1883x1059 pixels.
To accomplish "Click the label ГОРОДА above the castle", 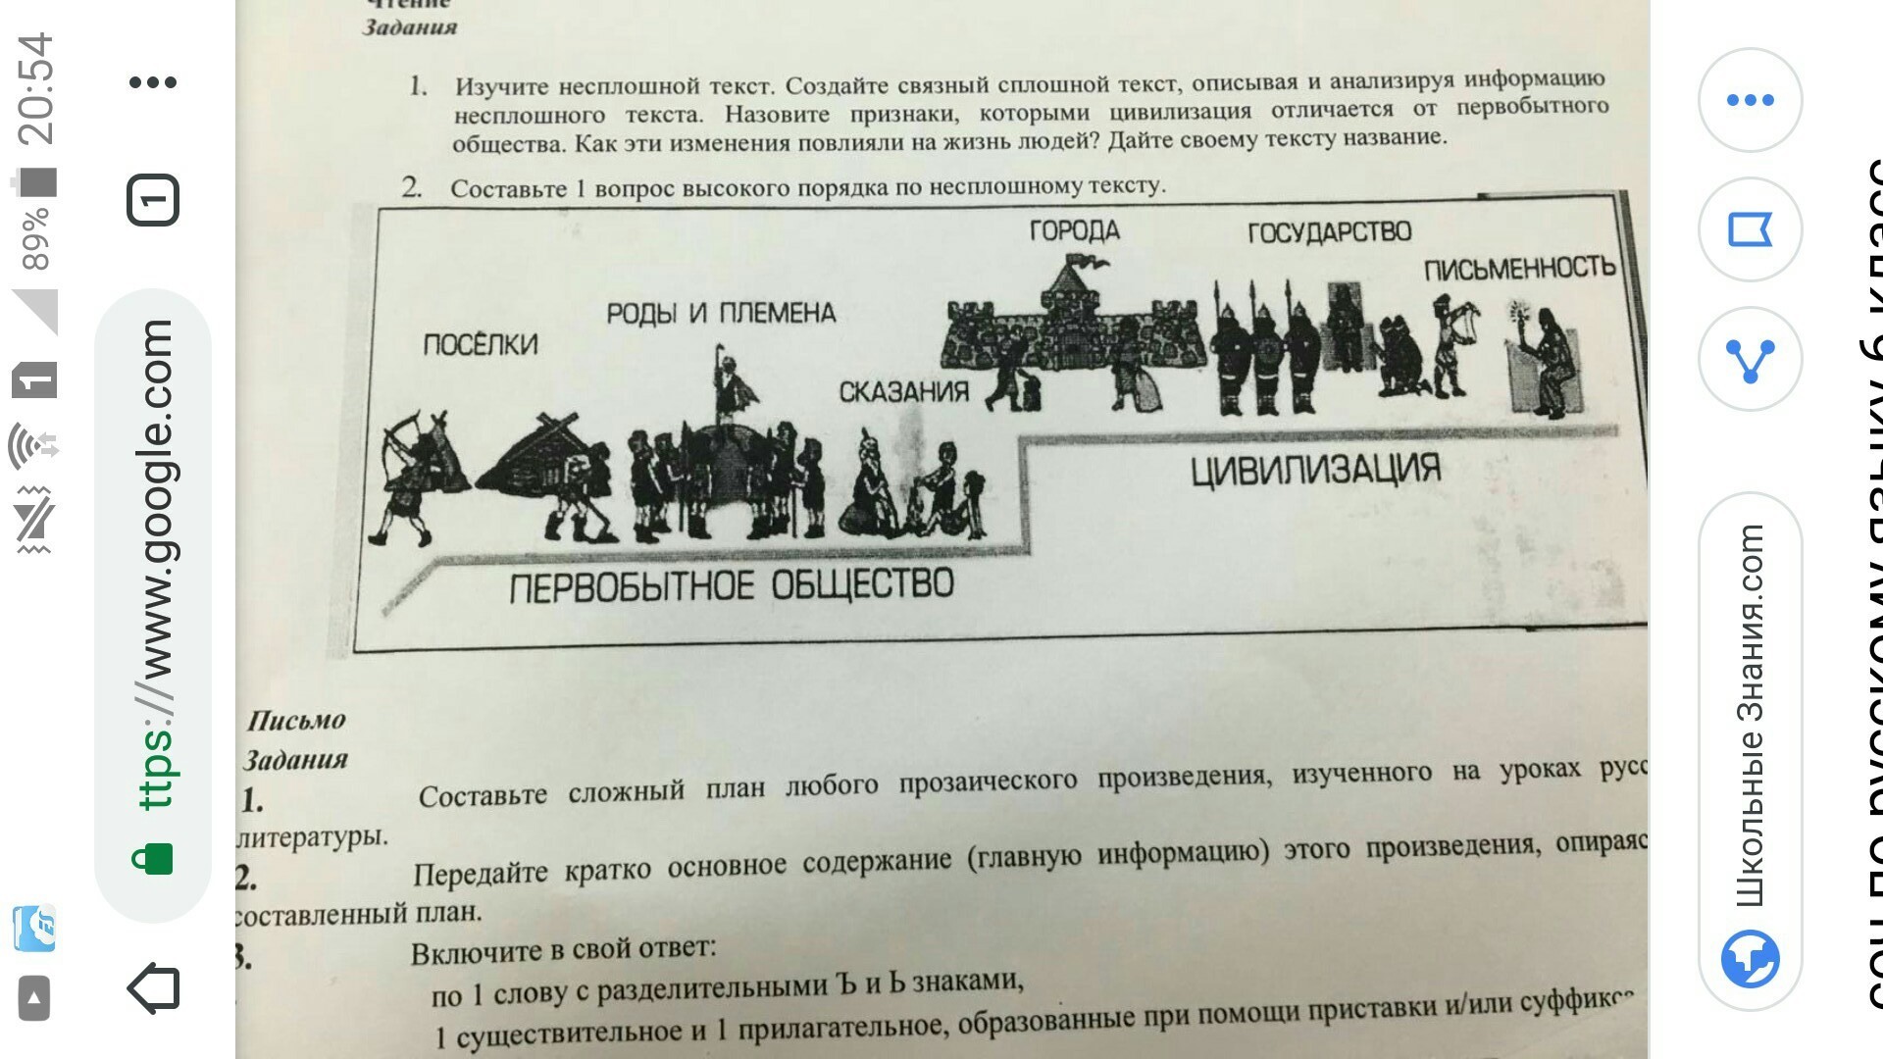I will [x=1074, y=230].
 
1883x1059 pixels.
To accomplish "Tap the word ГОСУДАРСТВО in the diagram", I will [x=1329, y=232].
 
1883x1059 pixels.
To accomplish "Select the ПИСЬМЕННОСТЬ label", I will [x=1519, y=268].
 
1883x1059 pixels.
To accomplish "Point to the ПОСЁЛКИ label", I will [x=481, y=344].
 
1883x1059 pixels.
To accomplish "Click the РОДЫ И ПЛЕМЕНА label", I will [x=721, y=314].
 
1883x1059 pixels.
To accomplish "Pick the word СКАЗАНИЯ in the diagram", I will [x=903, y=392].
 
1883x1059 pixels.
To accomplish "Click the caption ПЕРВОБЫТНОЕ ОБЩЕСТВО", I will [x=731, y=586].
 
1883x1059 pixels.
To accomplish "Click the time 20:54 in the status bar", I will [x=35, y=88].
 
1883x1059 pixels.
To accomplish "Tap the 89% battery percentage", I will [x=35, y=238].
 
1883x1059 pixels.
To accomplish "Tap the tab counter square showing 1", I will [x=153, y=201].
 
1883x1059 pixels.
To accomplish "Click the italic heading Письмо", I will [x=296, y=721].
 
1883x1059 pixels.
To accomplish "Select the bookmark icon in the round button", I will [x=1750, y=230].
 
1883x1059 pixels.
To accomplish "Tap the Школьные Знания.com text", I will [x=1751, y=716].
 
